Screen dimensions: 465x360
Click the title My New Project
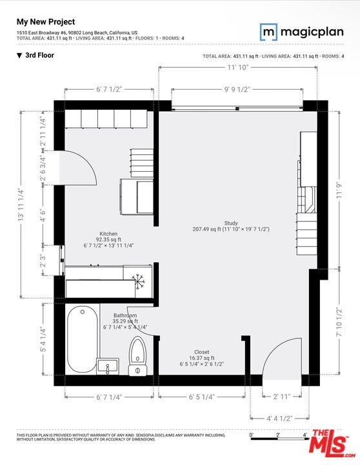(45, 21)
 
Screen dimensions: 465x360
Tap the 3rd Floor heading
(39, 56)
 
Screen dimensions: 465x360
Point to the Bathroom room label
(125, 316)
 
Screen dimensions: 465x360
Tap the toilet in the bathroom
(137, 356)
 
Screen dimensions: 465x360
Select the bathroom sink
(108, 366)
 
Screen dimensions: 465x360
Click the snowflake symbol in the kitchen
(137, 281)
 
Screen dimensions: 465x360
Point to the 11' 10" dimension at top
(237, 67)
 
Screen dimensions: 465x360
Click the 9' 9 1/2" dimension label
(237, 90)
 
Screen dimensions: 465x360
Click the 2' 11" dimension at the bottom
(281, 396)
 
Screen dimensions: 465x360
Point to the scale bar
(277, 440)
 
